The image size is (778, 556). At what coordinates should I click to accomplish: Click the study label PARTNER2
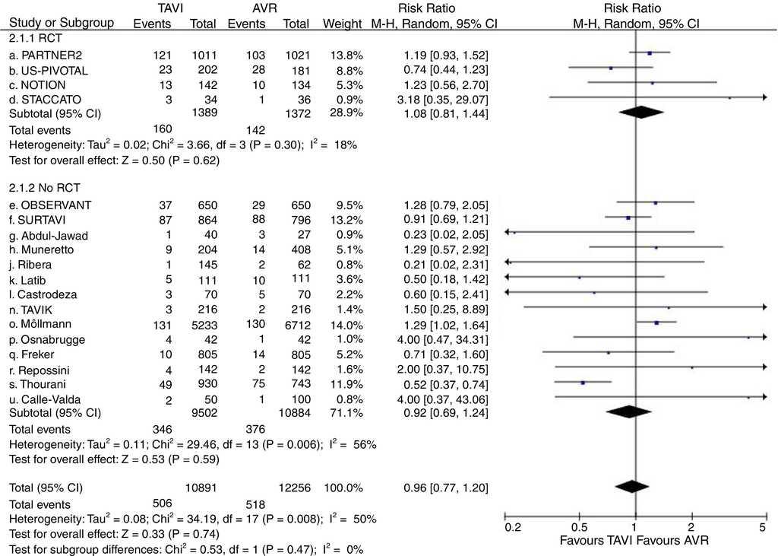tap(52, 56)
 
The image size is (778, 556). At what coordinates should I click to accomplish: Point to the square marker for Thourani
tap(582, 383)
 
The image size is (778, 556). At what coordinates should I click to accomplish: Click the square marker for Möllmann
tap(656, 323)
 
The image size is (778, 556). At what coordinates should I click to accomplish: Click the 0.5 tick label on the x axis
tap(578, 527)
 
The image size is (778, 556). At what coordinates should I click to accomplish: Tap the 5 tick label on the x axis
tap(762, 527)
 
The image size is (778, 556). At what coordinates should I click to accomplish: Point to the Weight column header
tap(342, 23)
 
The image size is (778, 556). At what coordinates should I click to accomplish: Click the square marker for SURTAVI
tap(628, 218)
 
